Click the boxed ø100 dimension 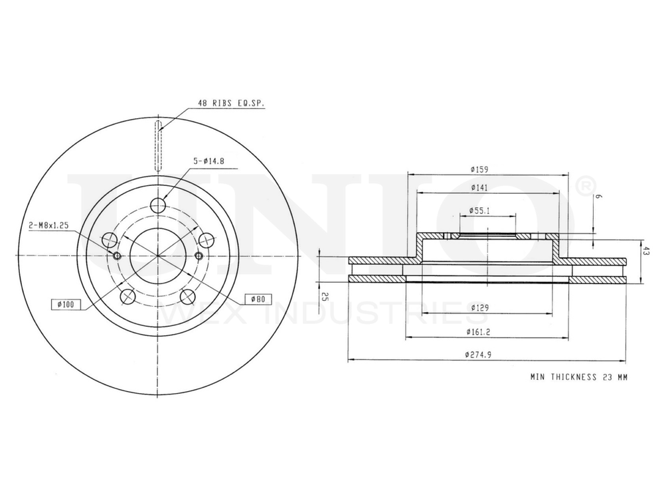[x=66, y=304]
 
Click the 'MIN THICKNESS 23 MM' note [x=578, y=376]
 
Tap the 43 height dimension [x=645, y=250]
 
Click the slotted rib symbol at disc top [x=157, y=144]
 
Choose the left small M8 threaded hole [x=117, y=257]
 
